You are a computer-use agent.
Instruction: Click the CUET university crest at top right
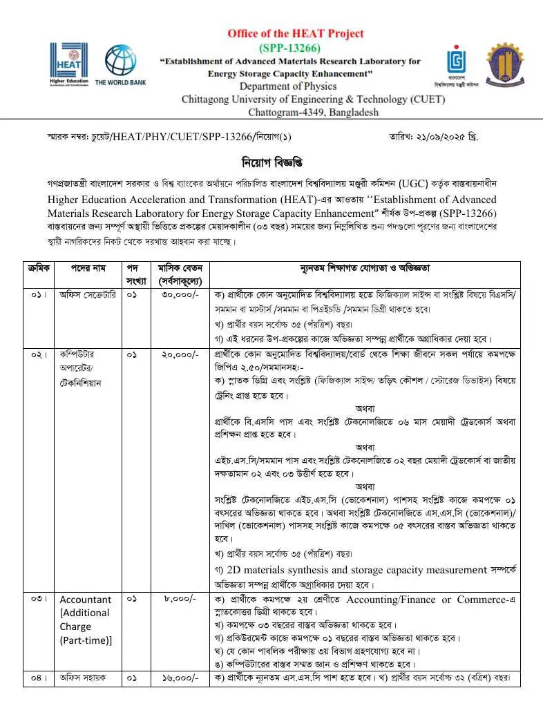pyautogui.click(x=507, y=64)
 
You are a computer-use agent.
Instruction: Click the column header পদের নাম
pyautogui.click(x=87, y=268)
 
